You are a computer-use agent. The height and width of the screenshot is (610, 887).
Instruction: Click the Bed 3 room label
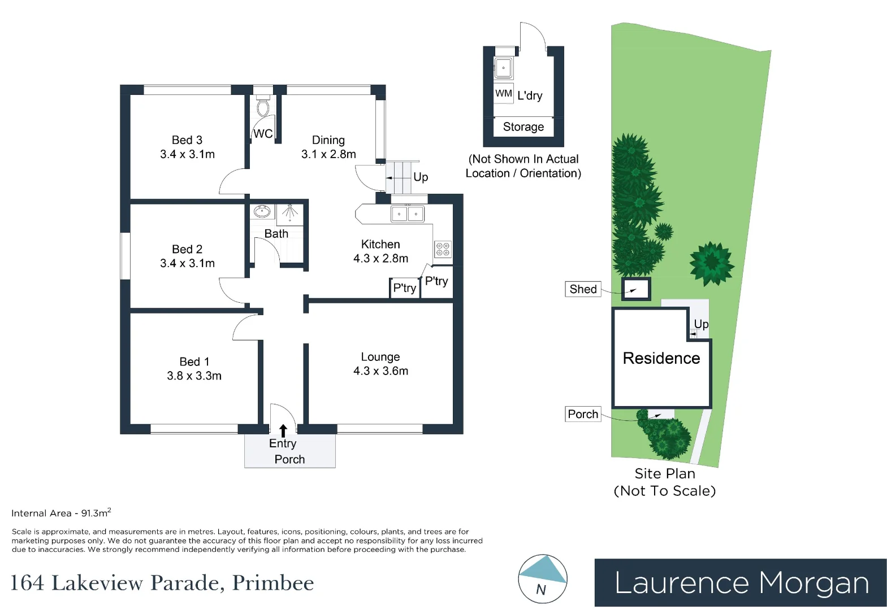click(187, 140)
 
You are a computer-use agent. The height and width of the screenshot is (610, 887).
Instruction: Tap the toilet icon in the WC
click(262, 107)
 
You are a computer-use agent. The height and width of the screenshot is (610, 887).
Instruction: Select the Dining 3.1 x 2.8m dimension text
click(328, 154)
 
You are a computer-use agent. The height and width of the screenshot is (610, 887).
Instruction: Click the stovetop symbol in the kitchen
click(443, 249)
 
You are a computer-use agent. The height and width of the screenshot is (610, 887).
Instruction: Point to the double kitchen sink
click(407, 214)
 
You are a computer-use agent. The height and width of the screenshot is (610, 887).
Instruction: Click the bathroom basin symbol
click(262, 212)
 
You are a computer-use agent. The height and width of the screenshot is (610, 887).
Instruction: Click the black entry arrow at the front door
click(283, 431)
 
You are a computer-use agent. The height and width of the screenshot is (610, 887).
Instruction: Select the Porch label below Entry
click(289, 459)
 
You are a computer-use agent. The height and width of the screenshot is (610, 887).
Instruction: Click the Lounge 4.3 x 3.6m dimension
click(380, 371)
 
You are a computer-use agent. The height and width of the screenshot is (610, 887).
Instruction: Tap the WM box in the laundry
click(504, 94)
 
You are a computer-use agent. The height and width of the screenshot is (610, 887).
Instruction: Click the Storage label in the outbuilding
click(523, 127)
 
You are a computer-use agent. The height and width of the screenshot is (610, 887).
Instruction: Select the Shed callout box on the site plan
click(583, 289)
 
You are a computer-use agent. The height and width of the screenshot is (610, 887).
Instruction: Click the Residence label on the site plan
click(661, 358)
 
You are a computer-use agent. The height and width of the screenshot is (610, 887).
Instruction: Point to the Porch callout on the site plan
click(583, 414)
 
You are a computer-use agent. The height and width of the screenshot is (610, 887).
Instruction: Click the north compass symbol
click(542, 579)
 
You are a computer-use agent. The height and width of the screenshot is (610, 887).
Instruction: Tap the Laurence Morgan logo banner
click(741, 583)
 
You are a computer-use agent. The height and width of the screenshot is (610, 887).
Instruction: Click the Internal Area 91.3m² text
click(61, 513)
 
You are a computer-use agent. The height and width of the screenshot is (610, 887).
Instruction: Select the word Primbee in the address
click(273, 583)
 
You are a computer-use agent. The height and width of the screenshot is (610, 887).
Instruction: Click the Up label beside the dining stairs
click(421, 177)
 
